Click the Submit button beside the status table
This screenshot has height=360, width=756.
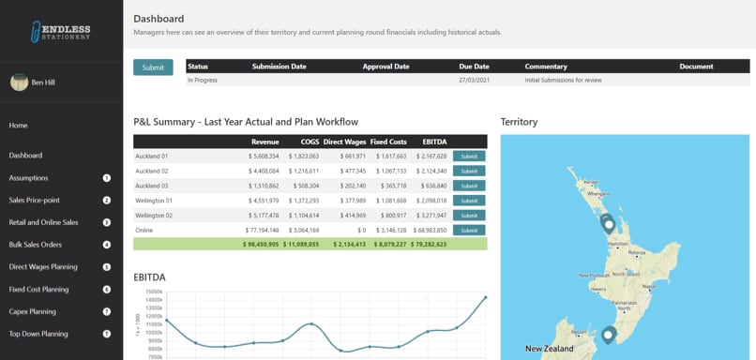(x=153, y=67)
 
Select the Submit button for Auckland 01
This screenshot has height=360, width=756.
(x=469, y=157)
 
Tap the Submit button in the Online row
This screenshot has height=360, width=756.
(x=469, y=230)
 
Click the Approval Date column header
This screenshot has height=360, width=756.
(x=386, y=67)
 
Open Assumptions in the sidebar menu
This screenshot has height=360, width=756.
(x=29, y=178)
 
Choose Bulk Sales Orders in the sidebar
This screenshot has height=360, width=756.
(x=36, y=245)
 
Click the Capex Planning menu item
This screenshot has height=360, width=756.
(x=33, y=311)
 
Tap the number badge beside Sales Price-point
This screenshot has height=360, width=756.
(x=107, y=200)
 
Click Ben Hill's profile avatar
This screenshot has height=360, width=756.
(x=19, y=82)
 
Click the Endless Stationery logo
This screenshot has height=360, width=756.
(x=61, y=32)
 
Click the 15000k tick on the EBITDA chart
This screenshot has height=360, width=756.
(x=149, y=292)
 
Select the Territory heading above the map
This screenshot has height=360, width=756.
(x=519, y=122)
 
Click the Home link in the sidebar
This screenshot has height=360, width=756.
(x=19, y=126)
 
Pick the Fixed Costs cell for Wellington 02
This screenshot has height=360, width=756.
(x=388, y=216)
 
